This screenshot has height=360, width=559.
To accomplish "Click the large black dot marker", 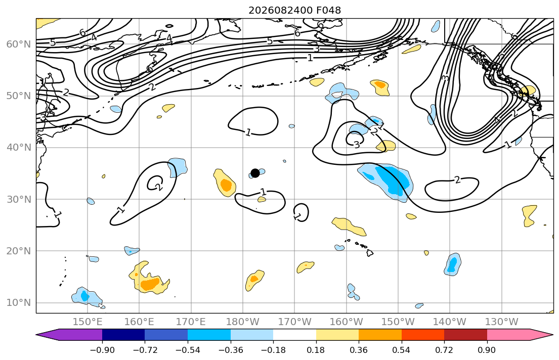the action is (255, 173).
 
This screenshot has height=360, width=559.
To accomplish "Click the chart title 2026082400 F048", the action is (294, 10).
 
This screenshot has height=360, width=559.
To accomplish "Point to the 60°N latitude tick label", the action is (19, 44).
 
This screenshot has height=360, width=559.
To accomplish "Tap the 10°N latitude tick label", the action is (19, 303).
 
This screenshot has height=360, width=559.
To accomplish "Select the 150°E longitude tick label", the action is (88, 322).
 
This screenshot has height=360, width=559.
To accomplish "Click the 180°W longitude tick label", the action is (243, 322).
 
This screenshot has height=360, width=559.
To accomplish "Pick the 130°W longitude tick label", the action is (502, 322).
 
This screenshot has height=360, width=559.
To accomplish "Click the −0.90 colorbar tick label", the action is (102, 350).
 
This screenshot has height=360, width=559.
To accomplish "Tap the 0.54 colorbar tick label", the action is (402, 350).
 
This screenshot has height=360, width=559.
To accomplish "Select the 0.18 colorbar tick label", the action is (316, 350).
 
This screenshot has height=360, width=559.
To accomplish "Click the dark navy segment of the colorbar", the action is (123, 335).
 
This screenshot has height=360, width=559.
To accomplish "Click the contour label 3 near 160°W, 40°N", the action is (357, 145).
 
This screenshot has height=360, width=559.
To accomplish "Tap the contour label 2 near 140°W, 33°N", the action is (457, 180).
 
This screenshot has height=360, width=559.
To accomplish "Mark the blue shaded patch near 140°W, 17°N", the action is (452, 264).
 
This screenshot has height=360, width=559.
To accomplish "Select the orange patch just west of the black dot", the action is (225, 183).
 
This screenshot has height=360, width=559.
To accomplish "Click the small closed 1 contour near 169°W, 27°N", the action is (301, 212).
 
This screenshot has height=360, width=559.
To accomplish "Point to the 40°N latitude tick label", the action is (19, 148).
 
